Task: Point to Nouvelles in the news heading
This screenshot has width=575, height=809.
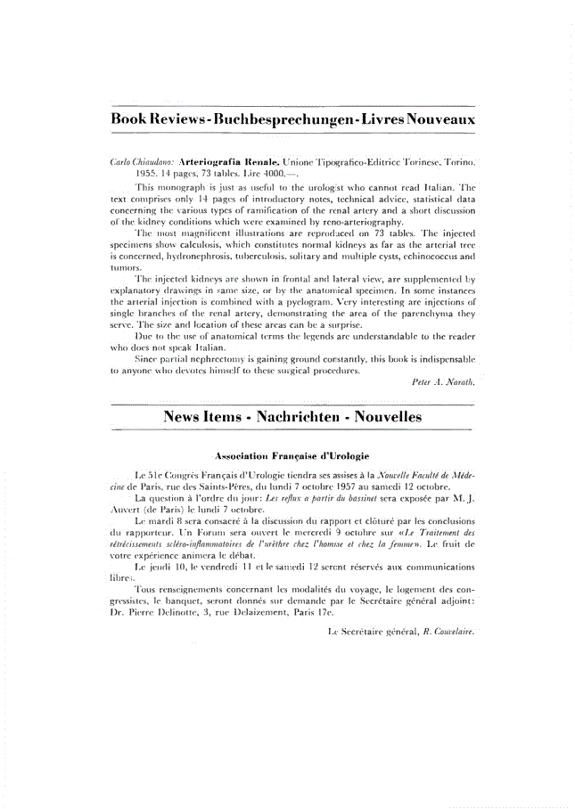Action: coord(385,417)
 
